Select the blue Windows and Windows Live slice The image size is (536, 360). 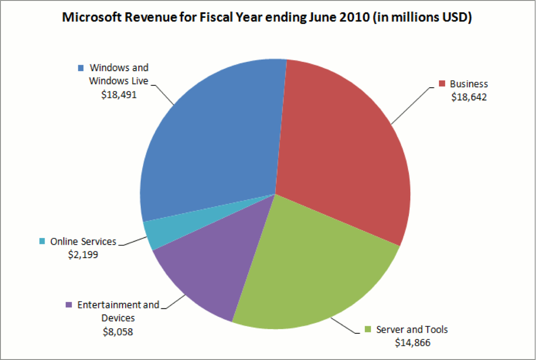(x=211, y=141)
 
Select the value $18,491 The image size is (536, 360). (x=119, y=94)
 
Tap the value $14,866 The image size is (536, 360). (x=413, y=343)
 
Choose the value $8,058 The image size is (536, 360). (x=118, y=332)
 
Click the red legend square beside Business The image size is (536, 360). (x=441, y=84)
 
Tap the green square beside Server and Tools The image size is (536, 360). (x=368, y=329)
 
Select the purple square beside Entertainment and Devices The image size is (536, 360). (x=69, y=305)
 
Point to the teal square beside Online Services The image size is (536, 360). (x=42, y=241)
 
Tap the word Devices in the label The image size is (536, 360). (x=118, y=318)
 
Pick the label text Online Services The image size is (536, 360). (x=83, y=242)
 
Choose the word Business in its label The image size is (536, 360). (x=469, y=84)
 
